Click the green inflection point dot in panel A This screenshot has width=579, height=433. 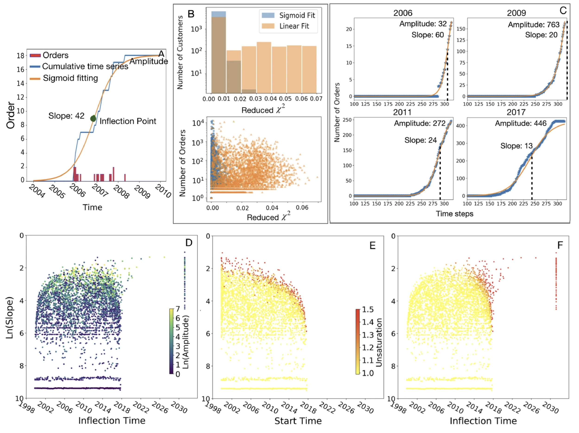(x=93, y=118)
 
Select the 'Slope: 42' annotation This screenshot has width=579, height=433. (x=66, y=116)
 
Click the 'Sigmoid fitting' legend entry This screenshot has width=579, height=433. (x=70, y=78)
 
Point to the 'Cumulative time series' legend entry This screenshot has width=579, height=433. (x=85, y=66)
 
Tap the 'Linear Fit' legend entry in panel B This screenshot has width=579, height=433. (x=294, y=26)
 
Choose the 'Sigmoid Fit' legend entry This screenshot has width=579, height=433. (x=297, y=16)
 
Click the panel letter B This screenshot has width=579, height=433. (x=191, y=14)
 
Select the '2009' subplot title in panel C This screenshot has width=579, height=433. (x=516, y=13)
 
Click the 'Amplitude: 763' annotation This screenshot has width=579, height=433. (x=533, y=25)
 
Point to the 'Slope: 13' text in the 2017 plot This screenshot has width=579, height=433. (x=516, y=146)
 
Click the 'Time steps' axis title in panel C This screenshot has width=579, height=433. (x=454, y=214)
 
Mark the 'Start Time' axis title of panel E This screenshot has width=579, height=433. (x=298, y=421)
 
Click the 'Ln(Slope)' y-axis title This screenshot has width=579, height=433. (x=9, y=318)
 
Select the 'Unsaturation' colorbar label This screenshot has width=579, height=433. (x=379, y=342)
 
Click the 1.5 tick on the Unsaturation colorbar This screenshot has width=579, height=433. (x=368, y=309)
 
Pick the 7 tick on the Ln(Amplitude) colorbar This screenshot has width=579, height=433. (x=178, y=309)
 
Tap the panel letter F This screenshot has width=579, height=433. (x=560, y=245)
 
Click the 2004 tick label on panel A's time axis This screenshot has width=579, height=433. (x=37, y=191)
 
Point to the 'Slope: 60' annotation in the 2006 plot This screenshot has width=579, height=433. (x=428, y=35)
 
